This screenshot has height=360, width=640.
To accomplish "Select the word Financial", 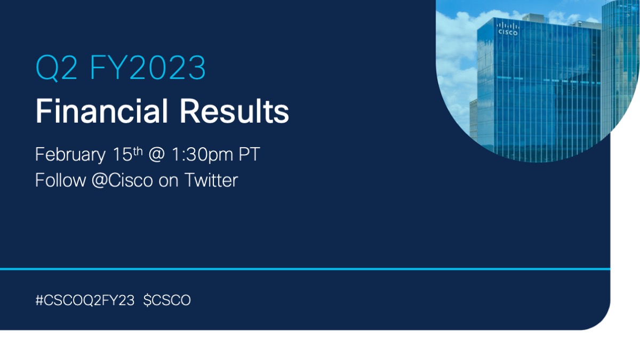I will pyautogui.click(x=99, y=112).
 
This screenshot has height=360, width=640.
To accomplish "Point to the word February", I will pyautogui.click(x=70, y=155).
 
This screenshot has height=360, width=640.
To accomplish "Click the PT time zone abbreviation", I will pyautogui.click(x=249, y=155).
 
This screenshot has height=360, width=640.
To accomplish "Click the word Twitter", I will pyautogui.click(x=211, y=180).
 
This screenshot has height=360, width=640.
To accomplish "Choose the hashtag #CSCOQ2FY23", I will pyautogui.click(x=85, y=301).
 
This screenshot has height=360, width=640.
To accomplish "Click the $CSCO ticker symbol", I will pyautogui.click(x=167, y=301).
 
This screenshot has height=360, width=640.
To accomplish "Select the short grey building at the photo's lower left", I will pyautogui.click(x=474, y=120).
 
